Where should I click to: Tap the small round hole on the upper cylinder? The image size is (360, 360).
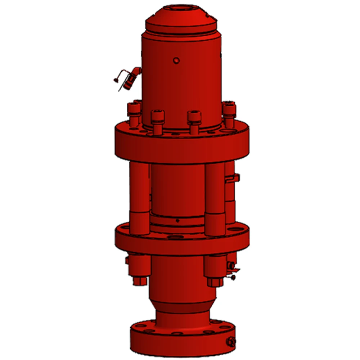(x=176, y=60)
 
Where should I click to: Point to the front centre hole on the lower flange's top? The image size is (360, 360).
(x=175, y=238)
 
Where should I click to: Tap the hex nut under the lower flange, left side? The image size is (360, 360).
(x=140, y=280)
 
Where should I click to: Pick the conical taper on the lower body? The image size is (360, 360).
(x=183, y=306)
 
